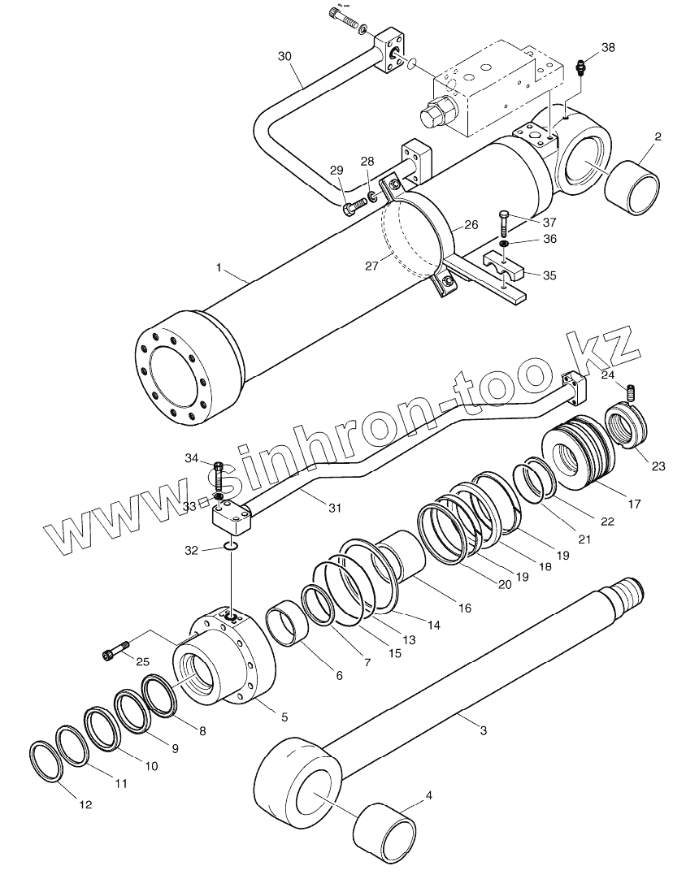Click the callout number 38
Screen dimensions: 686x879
608,48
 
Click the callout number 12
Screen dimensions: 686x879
85,805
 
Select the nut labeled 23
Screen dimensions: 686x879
627,428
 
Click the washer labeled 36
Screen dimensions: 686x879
504,242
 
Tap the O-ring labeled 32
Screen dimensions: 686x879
231,548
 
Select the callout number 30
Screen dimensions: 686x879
284,56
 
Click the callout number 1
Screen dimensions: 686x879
219,267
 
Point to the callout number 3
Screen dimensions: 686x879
484,731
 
